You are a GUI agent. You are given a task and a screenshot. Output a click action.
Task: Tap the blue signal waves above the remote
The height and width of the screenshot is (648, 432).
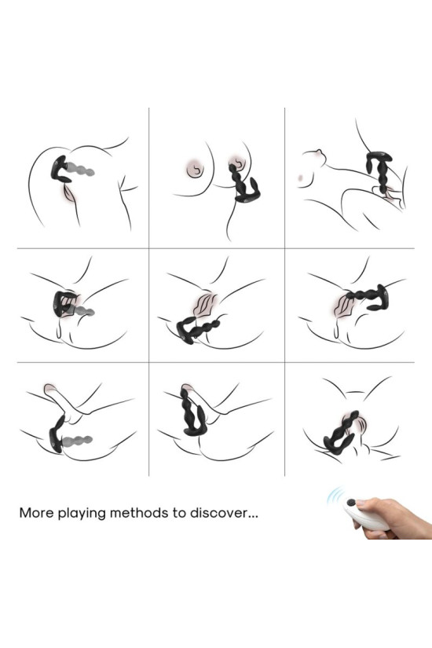(x=335, y=496)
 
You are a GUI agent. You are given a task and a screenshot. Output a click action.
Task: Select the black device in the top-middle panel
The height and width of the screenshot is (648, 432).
(x=243, y=183)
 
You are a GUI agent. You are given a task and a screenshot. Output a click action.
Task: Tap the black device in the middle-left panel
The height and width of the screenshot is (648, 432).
(x=63, y=303)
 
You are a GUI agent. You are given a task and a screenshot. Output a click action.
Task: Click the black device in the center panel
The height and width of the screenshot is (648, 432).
(x=197, y=328)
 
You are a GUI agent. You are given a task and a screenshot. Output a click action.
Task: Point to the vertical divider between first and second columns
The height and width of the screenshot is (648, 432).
(x=148, y=291)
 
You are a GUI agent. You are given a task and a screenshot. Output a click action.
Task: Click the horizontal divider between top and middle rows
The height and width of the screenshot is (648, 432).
(x=215, y=248)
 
